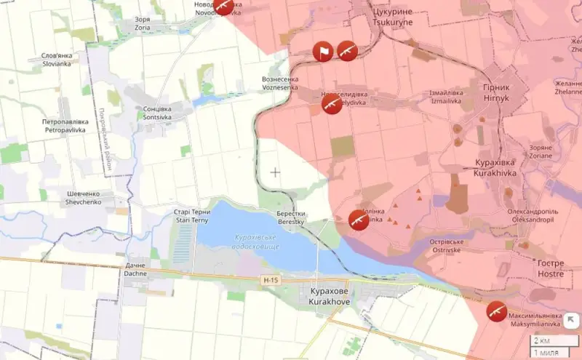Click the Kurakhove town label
pyautogui.click(x=328, y=296)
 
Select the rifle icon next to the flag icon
pyautogui.click(x=347, y=51)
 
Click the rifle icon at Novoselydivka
pyautogui.click(x=332, y=103)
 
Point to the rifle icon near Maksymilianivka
pyautogui.click(x=496, y=311)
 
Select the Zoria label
pyautogui.click(x=143, y=23)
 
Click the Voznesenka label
pyautogui.click(x=280, y=83)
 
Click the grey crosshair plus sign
pyautogui.click(x=276, y=172)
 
